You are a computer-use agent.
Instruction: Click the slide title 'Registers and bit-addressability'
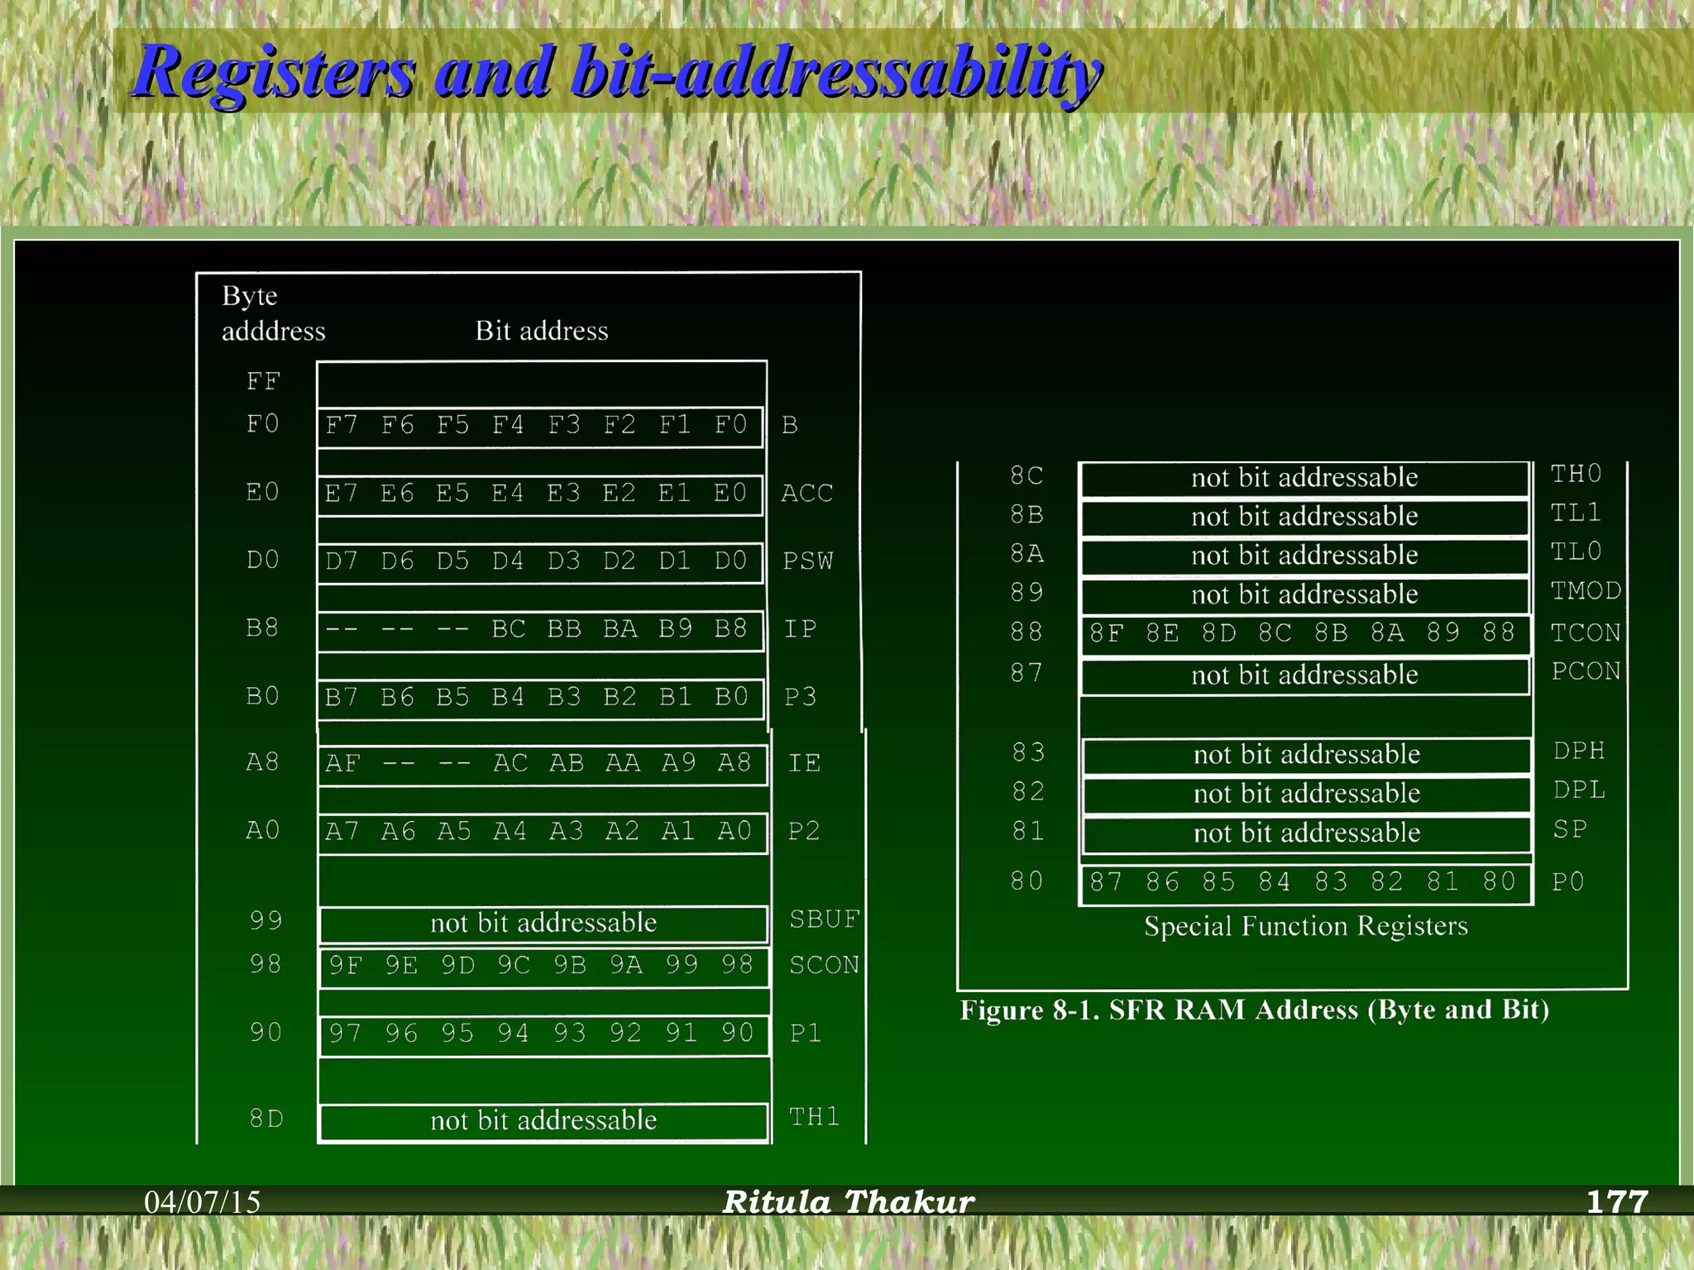point(617,73)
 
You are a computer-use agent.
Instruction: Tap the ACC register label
point(806,494)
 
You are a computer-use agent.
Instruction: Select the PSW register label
point(807,561)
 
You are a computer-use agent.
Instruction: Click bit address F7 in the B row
point(341,426)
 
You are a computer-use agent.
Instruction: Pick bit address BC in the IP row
point(508,629)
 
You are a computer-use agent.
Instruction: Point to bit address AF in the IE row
point(342,763)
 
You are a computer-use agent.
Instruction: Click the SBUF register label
point(824,919)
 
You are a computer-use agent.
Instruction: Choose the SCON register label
point(824,965)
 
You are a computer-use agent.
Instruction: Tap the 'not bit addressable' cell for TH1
point(543,1121)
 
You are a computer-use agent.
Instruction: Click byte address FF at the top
point(263,382)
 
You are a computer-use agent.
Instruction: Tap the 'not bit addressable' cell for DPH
point(1306,755)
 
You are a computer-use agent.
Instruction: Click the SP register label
point(1569,829)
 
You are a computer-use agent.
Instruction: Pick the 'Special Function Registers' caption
point(1305,926)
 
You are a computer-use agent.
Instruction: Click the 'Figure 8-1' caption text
point(1254,1010)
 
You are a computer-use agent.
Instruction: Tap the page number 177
point(1617,1201)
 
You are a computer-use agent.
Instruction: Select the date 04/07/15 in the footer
point(202,1202)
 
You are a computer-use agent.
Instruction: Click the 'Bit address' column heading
point(541,332)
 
